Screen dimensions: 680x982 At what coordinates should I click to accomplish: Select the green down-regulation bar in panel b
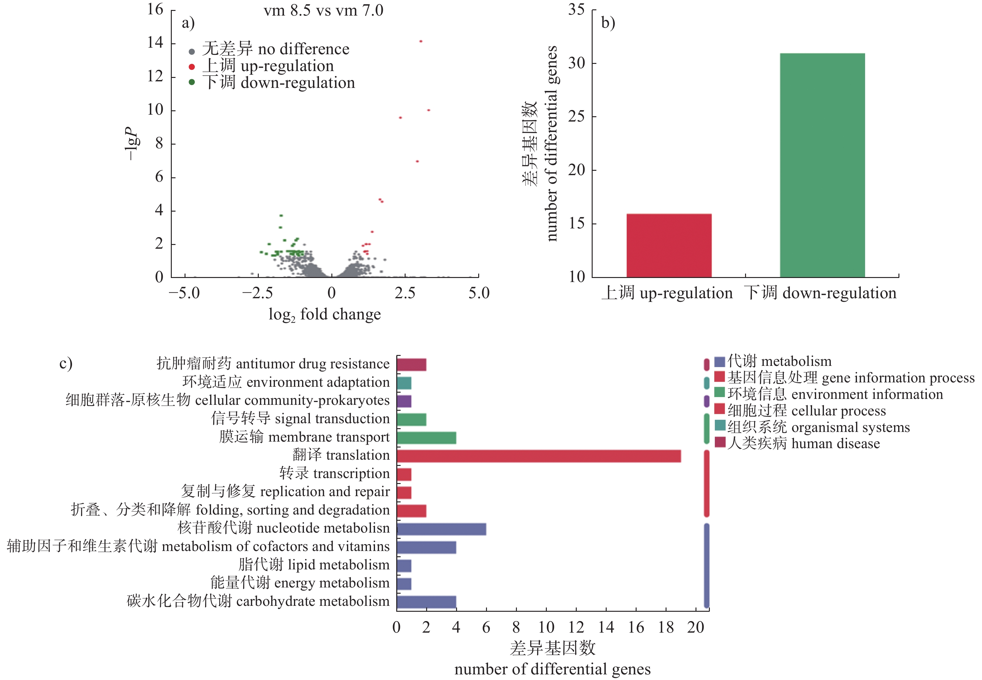[822, 165]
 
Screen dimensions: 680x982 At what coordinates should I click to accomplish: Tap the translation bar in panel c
[538, 456]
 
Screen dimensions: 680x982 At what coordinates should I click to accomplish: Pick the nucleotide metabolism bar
[441, 529]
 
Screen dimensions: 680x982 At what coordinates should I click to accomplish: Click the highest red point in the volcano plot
[421, 41]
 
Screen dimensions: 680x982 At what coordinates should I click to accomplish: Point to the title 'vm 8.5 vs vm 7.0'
[324, 10]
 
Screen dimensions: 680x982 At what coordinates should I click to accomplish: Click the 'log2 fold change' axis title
[324, 315]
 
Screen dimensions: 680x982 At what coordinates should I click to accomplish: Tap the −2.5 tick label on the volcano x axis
[258, 293]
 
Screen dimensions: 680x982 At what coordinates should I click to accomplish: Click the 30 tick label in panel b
[576, 63]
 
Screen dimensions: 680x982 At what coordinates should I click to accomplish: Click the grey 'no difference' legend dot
[192, 51]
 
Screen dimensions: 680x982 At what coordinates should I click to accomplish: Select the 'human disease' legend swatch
[720, 442]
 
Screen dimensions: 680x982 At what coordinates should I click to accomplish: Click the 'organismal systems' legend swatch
[720, 426]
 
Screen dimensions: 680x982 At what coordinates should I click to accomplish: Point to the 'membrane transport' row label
[304, 437]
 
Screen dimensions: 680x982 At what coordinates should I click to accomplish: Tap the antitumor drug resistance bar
[411, 365]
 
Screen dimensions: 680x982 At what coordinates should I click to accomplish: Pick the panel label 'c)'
[66, 363]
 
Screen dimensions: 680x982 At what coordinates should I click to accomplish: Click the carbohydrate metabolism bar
[426, 602]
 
